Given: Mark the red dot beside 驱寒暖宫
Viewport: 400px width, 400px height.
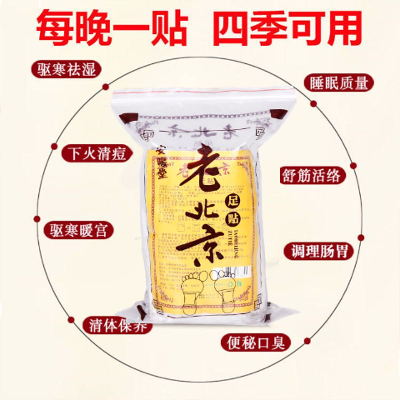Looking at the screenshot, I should (x=37, y=227).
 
